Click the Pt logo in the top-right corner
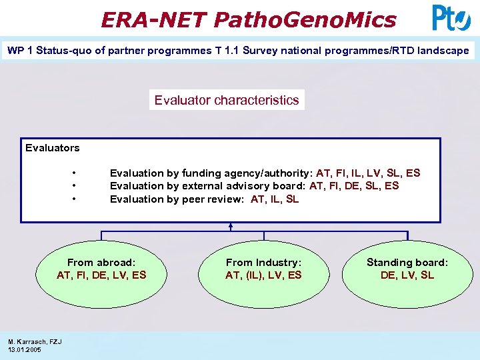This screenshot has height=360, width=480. click(451, 18)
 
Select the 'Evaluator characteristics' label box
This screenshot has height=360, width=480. click(227, 100)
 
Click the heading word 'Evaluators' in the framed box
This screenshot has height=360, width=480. click(52, 148)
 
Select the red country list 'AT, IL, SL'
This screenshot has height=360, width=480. click(275, 199)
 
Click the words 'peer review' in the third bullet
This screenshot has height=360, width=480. click(213, 199)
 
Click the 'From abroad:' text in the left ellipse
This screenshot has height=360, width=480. click(101, 263)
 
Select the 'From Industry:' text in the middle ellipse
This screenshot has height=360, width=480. click(263, 263)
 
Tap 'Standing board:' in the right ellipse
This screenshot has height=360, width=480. click(407, 263)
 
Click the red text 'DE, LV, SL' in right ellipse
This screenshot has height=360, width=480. click(407, 275)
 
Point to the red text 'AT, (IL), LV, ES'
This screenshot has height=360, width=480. click(263, 275)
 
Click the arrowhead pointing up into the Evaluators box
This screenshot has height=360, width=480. click(230, 226)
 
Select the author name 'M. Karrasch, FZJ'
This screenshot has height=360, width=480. click(35, 342)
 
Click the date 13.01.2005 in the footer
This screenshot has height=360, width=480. click(25, 349)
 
